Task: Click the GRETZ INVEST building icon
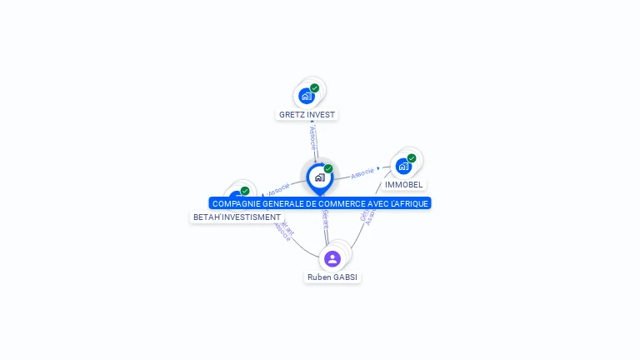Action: [307, 96]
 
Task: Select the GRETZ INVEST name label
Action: [307, 114]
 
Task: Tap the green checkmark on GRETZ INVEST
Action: [315, 87]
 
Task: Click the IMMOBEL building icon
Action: [403, 166]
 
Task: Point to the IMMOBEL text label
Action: [404, 184]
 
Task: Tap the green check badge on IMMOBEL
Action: [412, 157]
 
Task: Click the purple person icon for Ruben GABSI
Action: [332, 258]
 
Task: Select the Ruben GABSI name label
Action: [332, 277]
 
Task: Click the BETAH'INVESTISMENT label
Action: [237, 217]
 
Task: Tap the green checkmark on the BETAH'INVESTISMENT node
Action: [245, 191]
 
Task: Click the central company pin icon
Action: [319, 177]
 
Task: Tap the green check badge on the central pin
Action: [328, 168]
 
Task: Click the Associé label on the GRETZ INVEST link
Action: [312, 137]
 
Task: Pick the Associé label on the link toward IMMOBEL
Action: [362, 173]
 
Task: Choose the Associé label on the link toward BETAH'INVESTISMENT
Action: [279, 187]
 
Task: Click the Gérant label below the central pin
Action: [325, 220]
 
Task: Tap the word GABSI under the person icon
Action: [346, 277]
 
